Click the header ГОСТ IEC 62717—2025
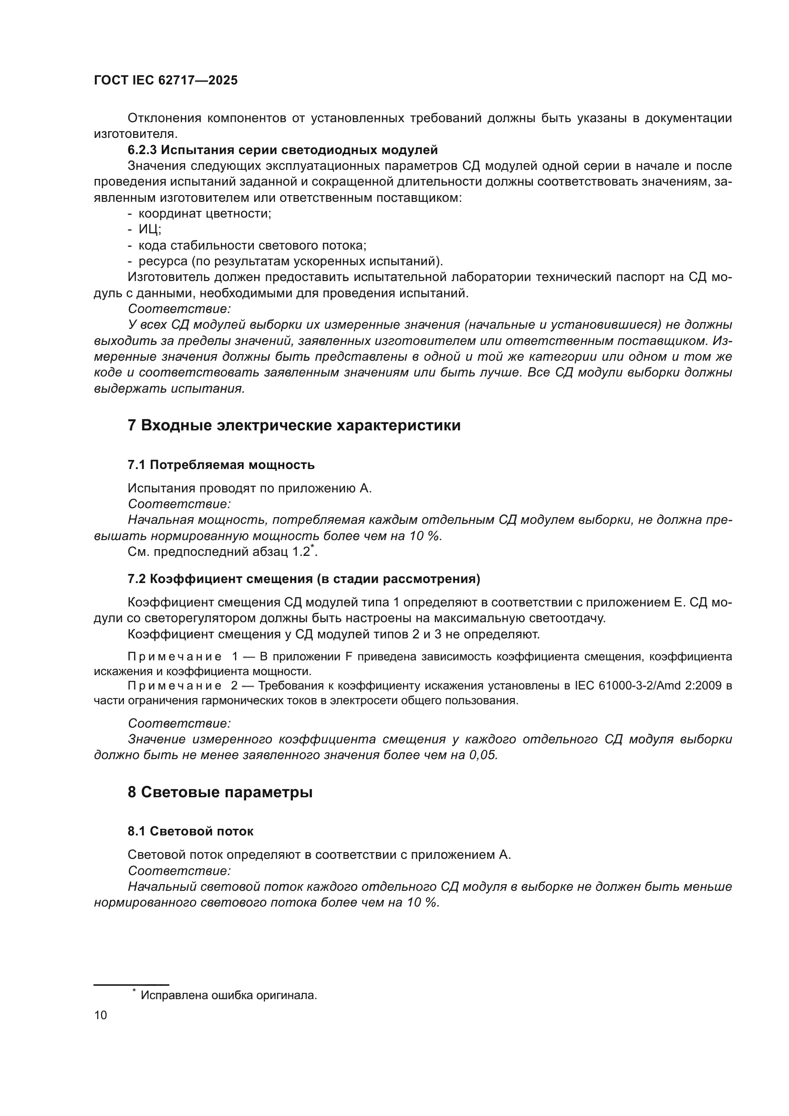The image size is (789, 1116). [x=166, y=81]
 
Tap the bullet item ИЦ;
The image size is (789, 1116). [x=150, y=229]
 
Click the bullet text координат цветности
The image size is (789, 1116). [x=205, y=213]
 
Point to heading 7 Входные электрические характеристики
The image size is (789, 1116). [x=294, y=425]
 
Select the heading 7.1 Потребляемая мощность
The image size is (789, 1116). [x=221, y=465]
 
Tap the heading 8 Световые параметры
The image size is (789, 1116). [x=220, y=793]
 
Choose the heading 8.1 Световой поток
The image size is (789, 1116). [x=190, y=831]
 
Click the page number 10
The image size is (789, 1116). [x=101, y=1015]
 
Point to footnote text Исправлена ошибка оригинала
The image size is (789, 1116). [x=228, y=995]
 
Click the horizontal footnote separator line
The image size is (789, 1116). [x=131, y=985]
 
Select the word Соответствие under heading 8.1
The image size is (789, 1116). [x=179, y=871]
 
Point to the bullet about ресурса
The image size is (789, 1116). [x=291, y=261]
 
